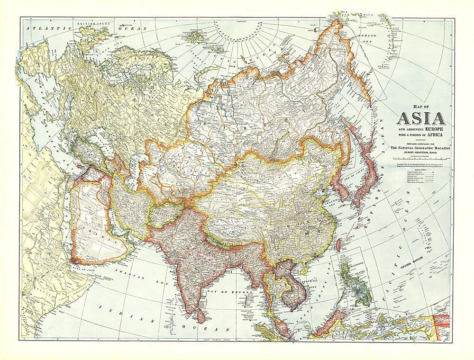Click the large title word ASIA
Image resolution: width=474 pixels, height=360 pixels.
click(420, 119)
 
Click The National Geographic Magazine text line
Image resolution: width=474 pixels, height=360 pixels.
click(420, 149)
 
